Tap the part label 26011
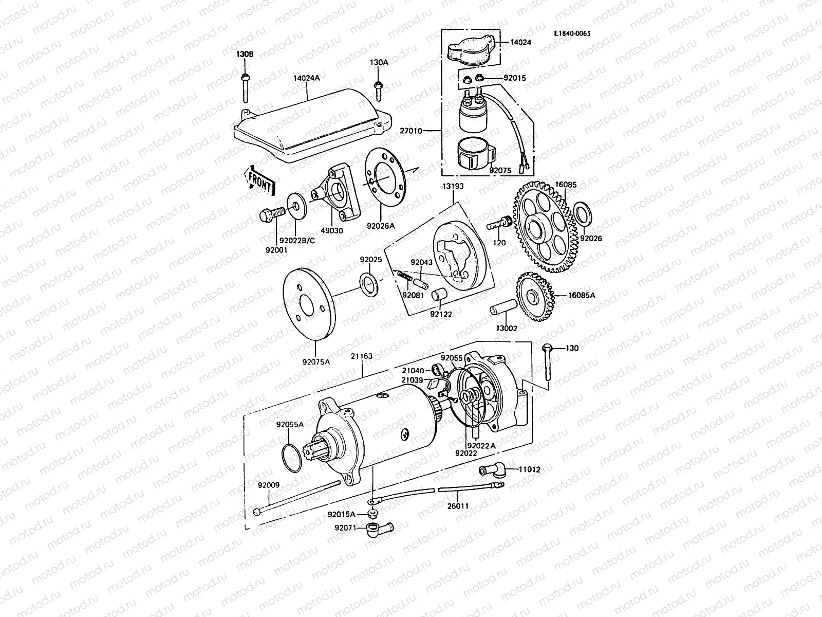tap(457, 506)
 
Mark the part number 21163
tap(362, 356)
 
